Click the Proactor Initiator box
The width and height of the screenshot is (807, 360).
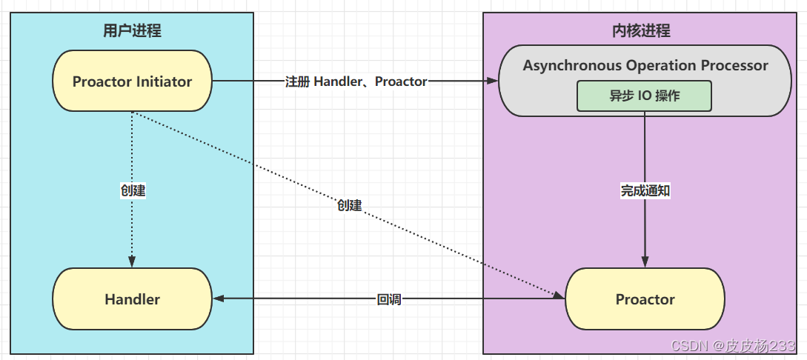(132, 81)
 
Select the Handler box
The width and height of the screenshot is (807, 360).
(132, 299)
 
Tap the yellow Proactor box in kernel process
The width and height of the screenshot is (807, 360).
(645, 299)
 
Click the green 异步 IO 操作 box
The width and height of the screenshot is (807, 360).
(644, 96)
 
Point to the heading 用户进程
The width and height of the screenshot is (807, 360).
(132, 31)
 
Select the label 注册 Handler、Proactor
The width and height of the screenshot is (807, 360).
(356, 81)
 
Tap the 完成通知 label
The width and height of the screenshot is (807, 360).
(645, 190)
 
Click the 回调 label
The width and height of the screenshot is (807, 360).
(389, 299)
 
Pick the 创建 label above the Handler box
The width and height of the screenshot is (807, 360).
(133, 190)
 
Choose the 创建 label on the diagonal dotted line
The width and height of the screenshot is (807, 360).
(349, 205)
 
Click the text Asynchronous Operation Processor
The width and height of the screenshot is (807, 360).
(645, 65)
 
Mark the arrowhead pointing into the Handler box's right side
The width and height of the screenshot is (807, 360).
(218, 299)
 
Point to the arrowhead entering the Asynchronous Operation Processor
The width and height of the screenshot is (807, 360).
(491, 81)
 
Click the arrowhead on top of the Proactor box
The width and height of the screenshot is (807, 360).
(645, 262)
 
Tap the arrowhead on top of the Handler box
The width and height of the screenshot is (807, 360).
(132, 262)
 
